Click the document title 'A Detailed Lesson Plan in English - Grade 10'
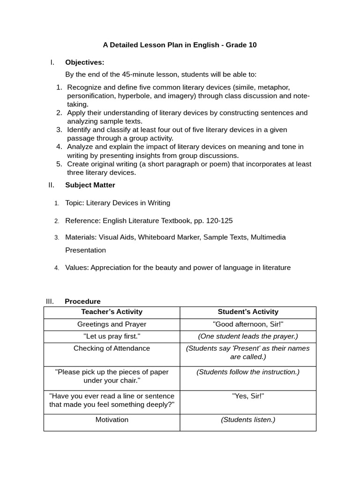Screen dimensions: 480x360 pos(180,45)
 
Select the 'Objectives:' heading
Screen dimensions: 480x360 pos(84,62)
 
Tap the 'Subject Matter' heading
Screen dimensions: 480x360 pos(90,185)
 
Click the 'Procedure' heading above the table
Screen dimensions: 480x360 pos(82,301)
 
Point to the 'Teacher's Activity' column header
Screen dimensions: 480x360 pos(112,312)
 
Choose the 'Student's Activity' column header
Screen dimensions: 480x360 pos(248,312)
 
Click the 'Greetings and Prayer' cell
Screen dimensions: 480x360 pos(112,324)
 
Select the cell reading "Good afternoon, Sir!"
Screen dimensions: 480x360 pos(248,324)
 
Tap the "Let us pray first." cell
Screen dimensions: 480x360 pos(112,337)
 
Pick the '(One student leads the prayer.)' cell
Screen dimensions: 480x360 pos(248,337)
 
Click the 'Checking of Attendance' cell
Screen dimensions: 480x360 pos(112,348)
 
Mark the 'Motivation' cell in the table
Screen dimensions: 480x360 pos(112,420)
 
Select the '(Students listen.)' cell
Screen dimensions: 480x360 pos(248,420)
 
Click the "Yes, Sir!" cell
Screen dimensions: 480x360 pos(248,396)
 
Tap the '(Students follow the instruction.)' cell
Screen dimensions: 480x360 pos(248,372)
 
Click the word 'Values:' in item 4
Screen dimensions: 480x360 pos(77,268)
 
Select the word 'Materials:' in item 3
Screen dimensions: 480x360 pos(81,237)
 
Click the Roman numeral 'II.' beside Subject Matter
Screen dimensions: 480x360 pos(52,185)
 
